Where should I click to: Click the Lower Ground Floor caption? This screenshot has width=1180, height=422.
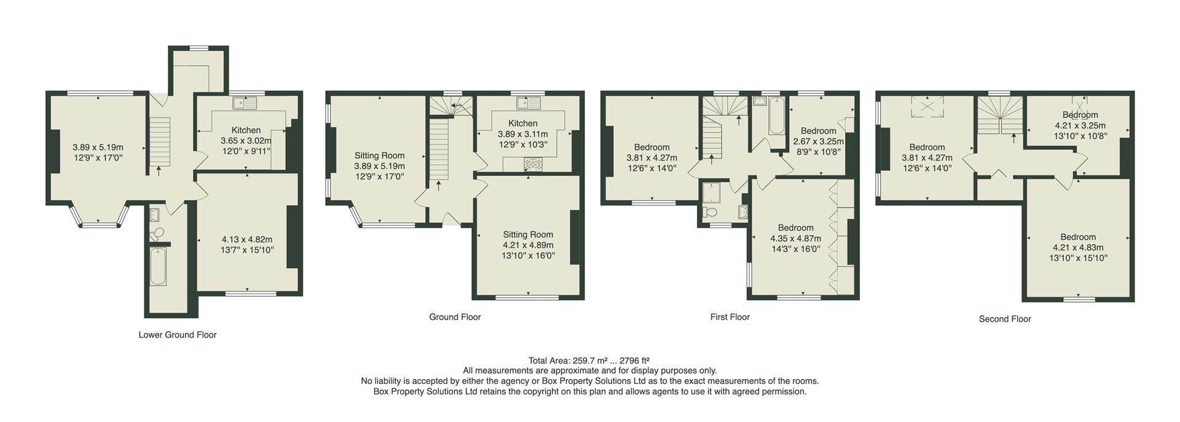(178, 335)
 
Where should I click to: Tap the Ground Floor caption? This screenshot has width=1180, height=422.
(455, 317)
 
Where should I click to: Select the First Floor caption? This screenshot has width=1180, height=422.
(730, 317)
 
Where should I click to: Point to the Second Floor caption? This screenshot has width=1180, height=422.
(1005, 319)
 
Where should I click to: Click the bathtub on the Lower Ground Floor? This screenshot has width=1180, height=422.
(158, 266)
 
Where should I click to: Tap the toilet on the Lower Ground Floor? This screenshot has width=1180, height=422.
(157, 233)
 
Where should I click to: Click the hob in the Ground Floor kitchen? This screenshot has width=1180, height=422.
(531, 164)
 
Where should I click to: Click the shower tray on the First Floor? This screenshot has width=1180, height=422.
(712, 193)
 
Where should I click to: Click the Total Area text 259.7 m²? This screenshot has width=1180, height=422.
(589, 360)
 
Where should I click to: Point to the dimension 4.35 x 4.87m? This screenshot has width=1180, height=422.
(795, 239)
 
